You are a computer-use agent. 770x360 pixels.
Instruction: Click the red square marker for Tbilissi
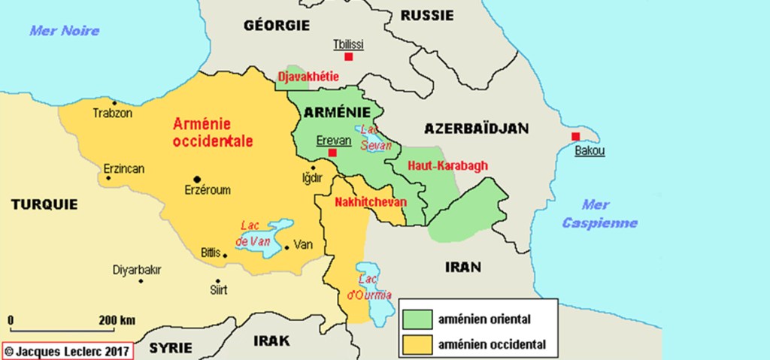point(348,57)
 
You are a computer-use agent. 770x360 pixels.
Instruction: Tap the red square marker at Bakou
point(575,136)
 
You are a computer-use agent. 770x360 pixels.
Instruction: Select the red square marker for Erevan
point(331,153)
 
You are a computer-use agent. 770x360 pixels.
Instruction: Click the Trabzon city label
point(112,113)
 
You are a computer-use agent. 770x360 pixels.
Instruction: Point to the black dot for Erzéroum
point(197,179)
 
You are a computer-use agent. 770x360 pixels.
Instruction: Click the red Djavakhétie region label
point(308,77)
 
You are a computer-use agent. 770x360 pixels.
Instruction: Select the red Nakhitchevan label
point(370,202)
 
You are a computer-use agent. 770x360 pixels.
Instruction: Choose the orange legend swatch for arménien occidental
point(416,345)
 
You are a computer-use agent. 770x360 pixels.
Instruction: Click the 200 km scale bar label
point(117,320)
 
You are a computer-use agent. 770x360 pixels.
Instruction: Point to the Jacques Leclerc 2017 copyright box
point(68,350)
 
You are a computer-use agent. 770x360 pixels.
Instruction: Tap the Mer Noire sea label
point(64,31)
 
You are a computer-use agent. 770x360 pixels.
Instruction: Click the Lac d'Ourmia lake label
point(370,286)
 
